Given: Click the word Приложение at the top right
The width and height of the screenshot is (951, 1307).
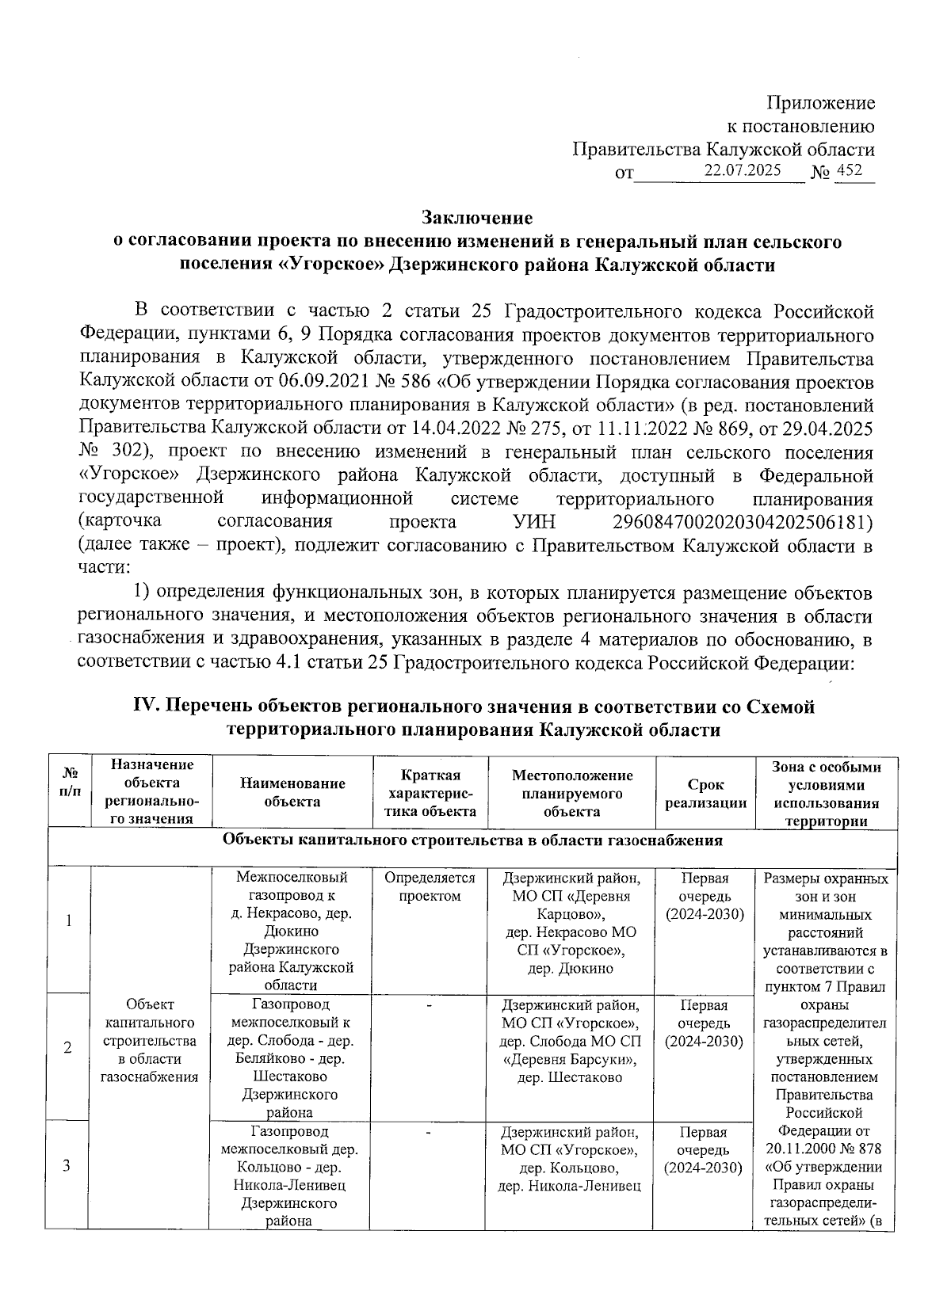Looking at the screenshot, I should click(820, 103).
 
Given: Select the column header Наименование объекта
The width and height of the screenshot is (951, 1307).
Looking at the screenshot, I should click(292, 792).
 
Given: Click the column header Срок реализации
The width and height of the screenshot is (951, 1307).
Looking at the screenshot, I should click(705, 793).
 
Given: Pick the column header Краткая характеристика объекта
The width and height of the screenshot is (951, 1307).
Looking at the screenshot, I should click(429, 792).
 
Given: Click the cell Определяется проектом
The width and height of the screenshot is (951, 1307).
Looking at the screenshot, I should click(429, 887).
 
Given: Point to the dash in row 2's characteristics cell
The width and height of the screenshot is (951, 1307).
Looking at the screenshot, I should click(429, 1005).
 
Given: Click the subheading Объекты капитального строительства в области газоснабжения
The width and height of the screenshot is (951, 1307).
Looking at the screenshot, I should click(472, 840).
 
